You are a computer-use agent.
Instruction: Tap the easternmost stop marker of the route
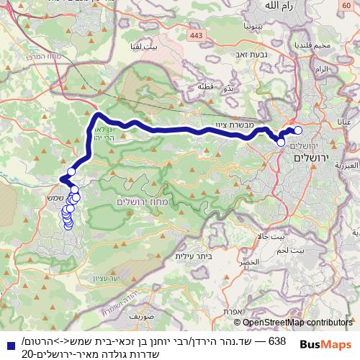(298, 130)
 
